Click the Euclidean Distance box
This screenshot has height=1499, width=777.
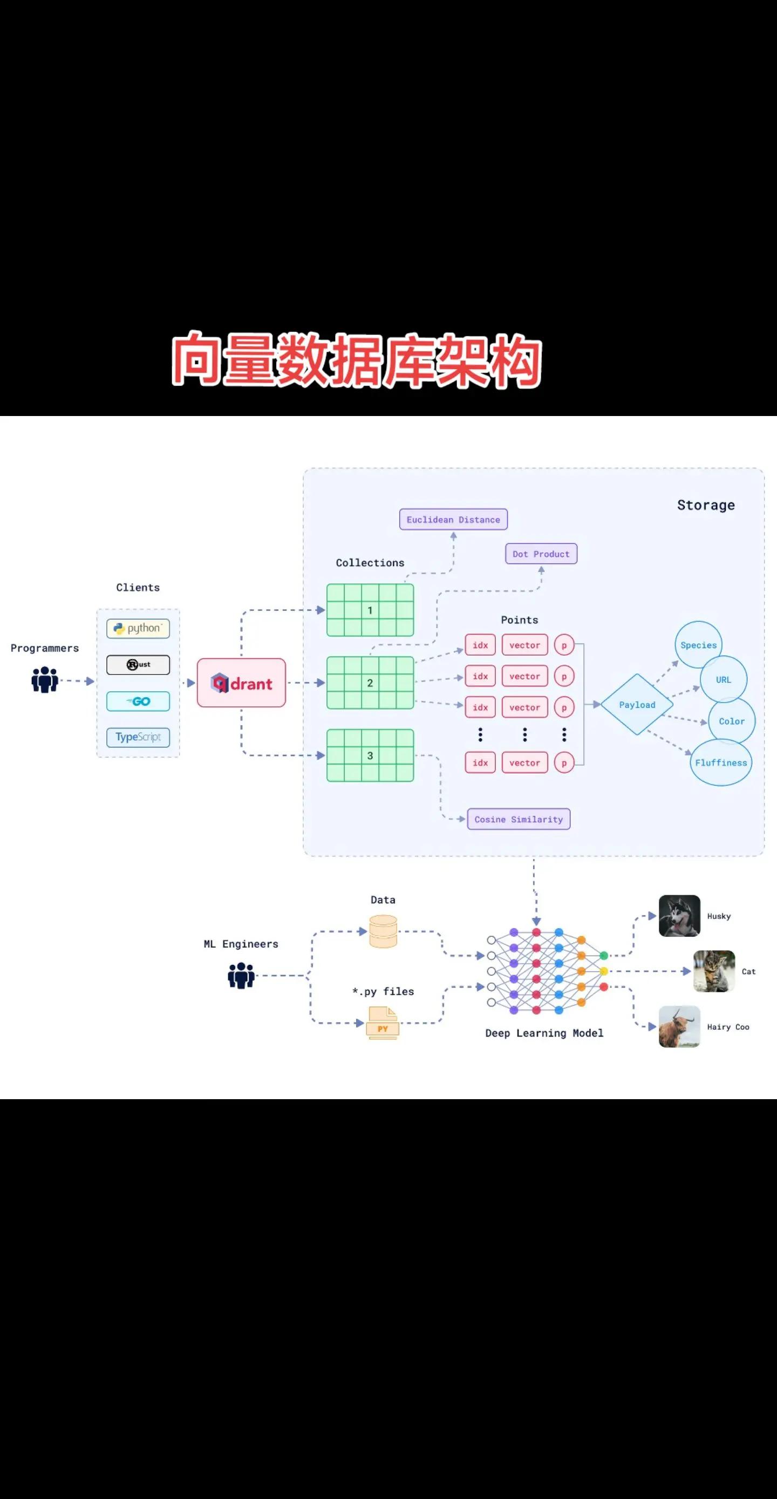pos(453,519)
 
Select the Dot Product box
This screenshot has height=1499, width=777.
pos(541,554)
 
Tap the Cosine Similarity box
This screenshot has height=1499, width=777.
pos(519,819)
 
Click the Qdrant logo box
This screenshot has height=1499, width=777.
pos(242,683)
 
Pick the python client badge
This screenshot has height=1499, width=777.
pos(138,629)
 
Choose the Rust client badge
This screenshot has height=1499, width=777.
pos(138,665)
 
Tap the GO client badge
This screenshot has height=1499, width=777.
pos(138,701)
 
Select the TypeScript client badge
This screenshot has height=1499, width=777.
pos(138,737)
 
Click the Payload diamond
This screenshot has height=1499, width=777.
pos(637,705)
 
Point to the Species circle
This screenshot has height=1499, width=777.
pos(698,645)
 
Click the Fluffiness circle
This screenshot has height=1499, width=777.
pos(721,762)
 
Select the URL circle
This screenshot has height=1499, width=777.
pos(724,679)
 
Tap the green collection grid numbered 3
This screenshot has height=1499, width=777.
pos(370,755)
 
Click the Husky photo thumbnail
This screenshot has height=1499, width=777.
pos(679,915)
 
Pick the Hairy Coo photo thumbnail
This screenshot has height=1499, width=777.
pos(679,1026)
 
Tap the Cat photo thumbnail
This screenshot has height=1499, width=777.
pos(714,971)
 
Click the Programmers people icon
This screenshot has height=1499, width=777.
pos(45,680)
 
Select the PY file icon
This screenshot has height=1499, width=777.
pos(383,1023)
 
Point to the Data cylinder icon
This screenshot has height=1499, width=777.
pos(383,931)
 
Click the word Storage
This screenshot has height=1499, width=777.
pos(705,505)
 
